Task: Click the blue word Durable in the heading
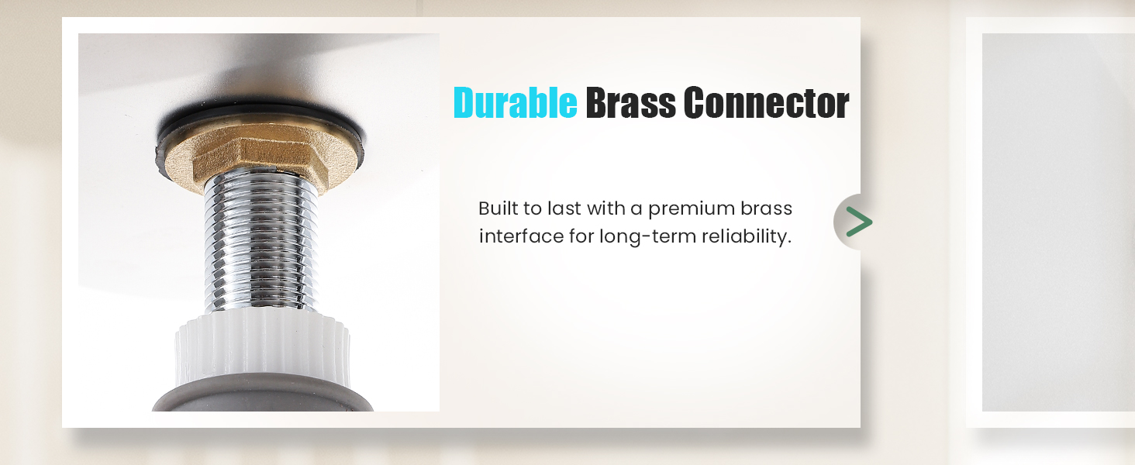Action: (515, 103)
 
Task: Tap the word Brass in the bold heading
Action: (629, 103)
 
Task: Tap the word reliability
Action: (746, 236)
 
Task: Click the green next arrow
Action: (857, 222)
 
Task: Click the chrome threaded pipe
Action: (260, 248)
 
